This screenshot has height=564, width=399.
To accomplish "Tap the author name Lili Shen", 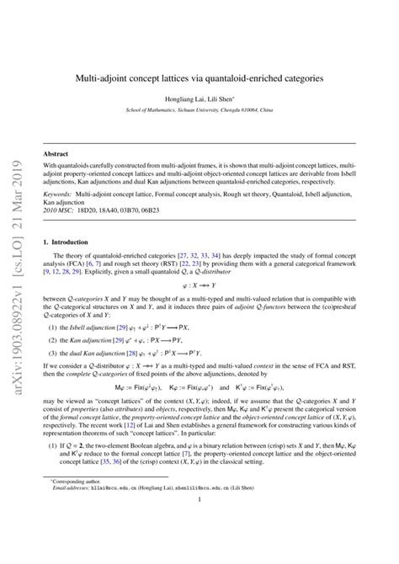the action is tap(221, 99).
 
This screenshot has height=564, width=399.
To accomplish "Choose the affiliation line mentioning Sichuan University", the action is tap(199, 109).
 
